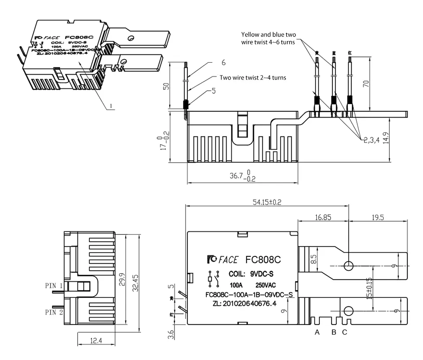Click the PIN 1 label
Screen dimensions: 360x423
coord(54,285)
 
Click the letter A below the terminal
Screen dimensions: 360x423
coord(317,332)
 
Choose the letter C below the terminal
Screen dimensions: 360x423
coord(344,332)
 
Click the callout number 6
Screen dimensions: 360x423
coord(224,63)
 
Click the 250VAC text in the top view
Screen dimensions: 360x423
coord(266,285)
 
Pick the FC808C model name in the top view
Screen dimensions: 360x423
coord(263,260)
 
